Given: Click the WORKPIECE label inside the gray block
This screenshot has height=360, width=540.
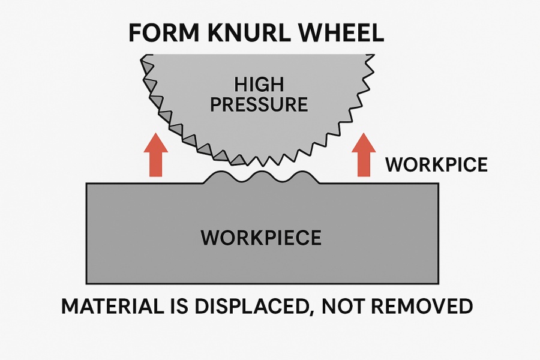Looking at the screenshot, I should [x=261, y=237].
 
